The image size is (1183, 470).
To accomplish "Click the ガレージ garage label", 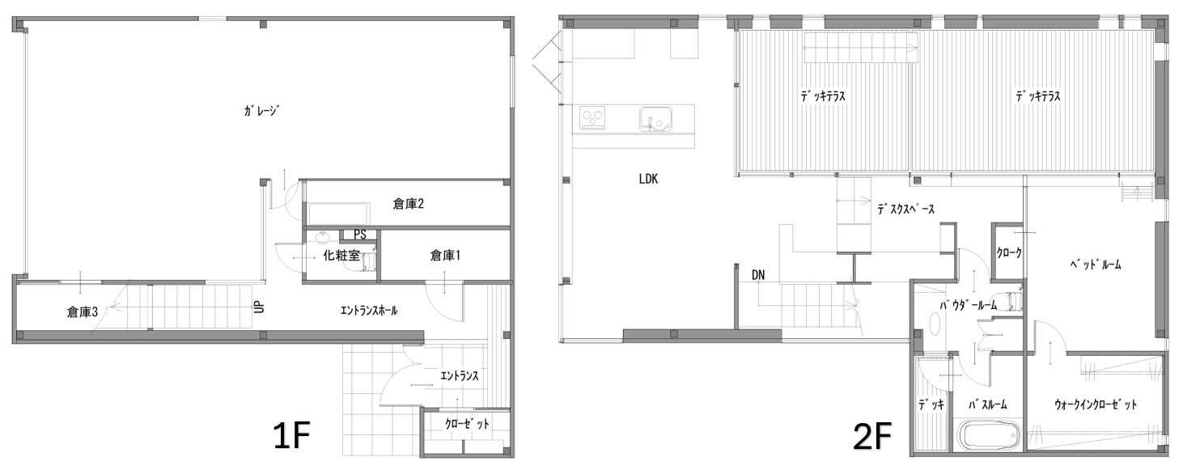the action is pyautogui.click(x=261, y=111).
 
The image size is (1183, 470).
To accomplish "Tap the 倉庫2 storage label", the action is pyautogui.click(x=409, y=204).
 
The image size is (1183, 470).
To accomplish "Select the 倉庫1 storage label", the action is pyautogui.click(x=445, y=256).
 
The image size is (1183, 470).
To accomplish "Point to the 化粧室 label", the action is pyautogui.click(x=341, y=256).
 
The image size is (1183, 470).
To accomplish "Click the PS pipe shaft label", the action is pyautogui.click(x=359, y=235).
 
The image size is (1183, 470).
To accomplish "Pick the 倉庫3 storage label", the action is pyautogui.click(x=82, y=312).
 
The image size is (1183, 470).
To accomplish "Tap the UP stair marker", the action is pyautogui.click(x=259, y=307).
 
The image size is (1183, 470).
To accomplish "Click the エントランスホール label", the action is pyautogui.click(x=369, y=311).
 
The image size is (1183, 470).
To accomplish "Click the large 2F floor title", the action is pyautogui.click(x=872, y=436).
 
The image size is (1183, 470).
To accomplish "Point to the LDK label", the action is pyautogui.click(x=648, y=179).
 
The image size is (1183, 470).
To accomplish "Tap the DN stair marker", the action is pyautogui.click(x=758, y=275).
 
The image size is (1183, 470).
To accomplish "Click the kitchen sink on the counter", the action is pyautogui.click(x=655, y=119).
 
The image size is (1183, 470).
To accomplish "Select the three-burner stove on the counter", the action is pyautogui.click(x=593, y=117).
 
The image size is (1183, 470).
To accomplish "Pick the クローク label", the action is pyautogui.click(x=1009, y=253).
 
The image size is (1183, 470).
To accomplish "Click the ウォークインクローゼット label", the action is pyautogui.click(x=1096, y=405).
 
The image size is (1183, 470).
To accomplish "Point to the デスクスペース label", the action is pyautogui.click(x=905, y=210).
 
